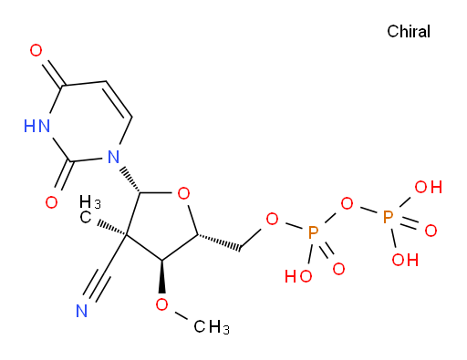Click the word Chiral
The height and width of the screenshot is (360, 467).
[409, 32]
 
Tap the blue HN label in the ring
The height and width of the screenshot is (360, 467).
[36, 126]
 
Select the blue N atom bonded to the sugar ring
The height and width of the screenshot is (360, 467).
[113, 157]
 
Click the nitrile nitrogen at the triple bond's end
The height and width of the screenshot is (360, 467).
[81, 311]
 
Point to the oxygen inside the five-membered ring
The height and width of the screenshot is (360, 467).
[183, 193]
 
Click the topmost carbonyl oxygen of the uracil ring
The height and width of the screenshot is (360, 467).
[36, 50]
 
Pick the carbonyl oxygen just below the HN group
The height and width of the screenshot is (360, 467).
[51, 202]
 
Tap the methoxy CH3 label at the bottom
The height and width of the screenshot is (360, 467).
[212, 327]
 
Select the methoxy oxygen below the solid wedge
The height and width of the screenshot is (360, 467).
[161, 304]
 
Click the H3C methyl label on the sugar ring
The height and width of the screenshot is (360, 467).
[89, 210]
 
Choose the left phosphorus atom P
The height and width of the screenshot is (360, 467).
[313, 232]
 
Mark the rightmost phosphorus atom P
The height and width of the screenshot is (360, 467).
[388, 217]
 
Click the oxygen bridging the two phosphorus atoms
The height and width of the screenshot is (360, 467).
[347, 203]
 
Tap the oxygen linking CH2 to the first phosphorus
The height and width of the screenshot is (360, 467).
[272, 219]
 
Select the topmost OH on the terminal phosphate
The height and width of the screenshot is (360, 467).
[429, 187]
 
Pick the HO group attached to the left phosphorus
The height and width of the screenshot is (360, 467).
[298, 276]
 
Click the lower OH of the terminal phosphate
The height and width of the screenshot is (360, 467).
[405, 260]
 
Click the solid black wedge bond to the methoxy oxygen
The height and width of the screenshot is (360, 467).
[162, 276]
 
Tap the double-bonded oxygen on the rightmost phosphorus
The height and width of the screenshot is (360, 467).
[431, 231]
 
